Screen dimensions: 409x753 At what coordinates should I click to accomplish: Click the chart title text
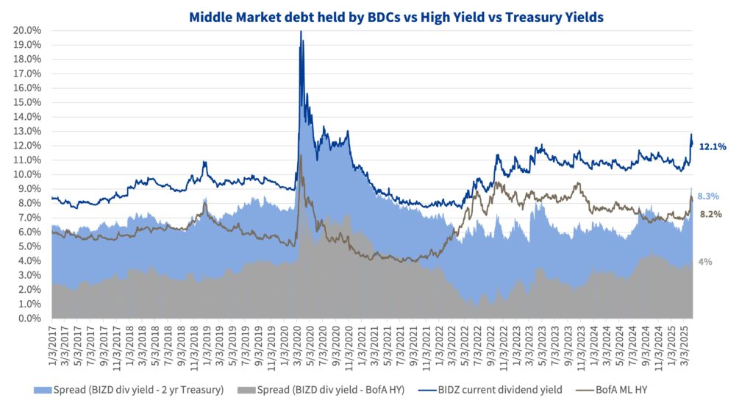pyautogui.click(x=396, y=16)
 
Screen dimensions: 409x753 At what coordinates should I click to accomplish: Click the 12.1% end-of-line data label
pyautogui.click(x=713, y=146)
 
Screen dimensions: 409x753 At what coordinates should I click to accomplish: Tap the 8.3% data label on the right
pyautogui.click(x=708, y=196)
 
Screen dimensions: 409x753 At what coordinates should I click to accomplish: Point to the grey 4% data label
pyautogui.click(x=704, y=261)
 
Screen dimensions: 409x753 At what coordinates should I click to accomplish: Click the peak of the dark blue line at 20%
pyautogui.click(x=300, y=32)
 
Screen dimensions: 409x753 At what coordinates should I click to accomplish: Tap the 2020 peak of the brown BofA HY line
pyautogui.click(x=300, y=156)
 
